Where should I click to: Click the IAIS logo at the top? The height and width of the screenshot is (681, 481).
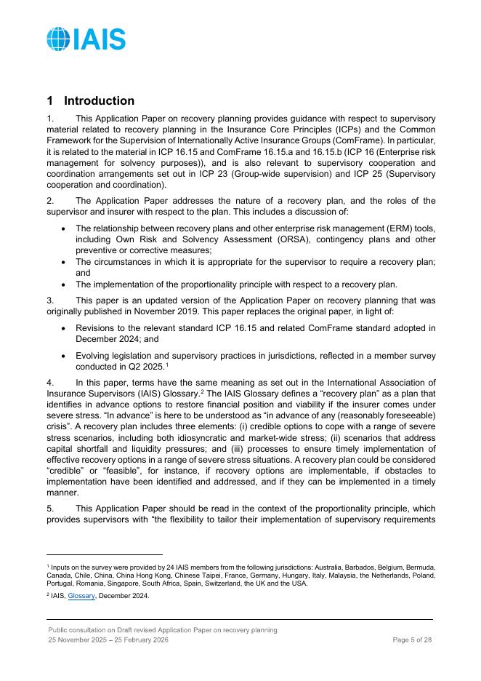click(x=86, y=39)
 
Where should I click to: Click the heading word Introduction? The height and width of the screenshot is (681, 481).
click(x=100, y=101)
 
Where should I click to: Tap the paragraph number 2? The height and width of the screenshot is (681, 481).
click(x=49, y=201)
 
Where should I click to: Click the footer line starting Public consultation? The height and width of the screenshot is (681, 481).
click(x=162, y=630)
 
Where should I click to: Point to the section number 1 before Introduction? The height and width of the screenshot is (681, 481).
click(x=50, y=101)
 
